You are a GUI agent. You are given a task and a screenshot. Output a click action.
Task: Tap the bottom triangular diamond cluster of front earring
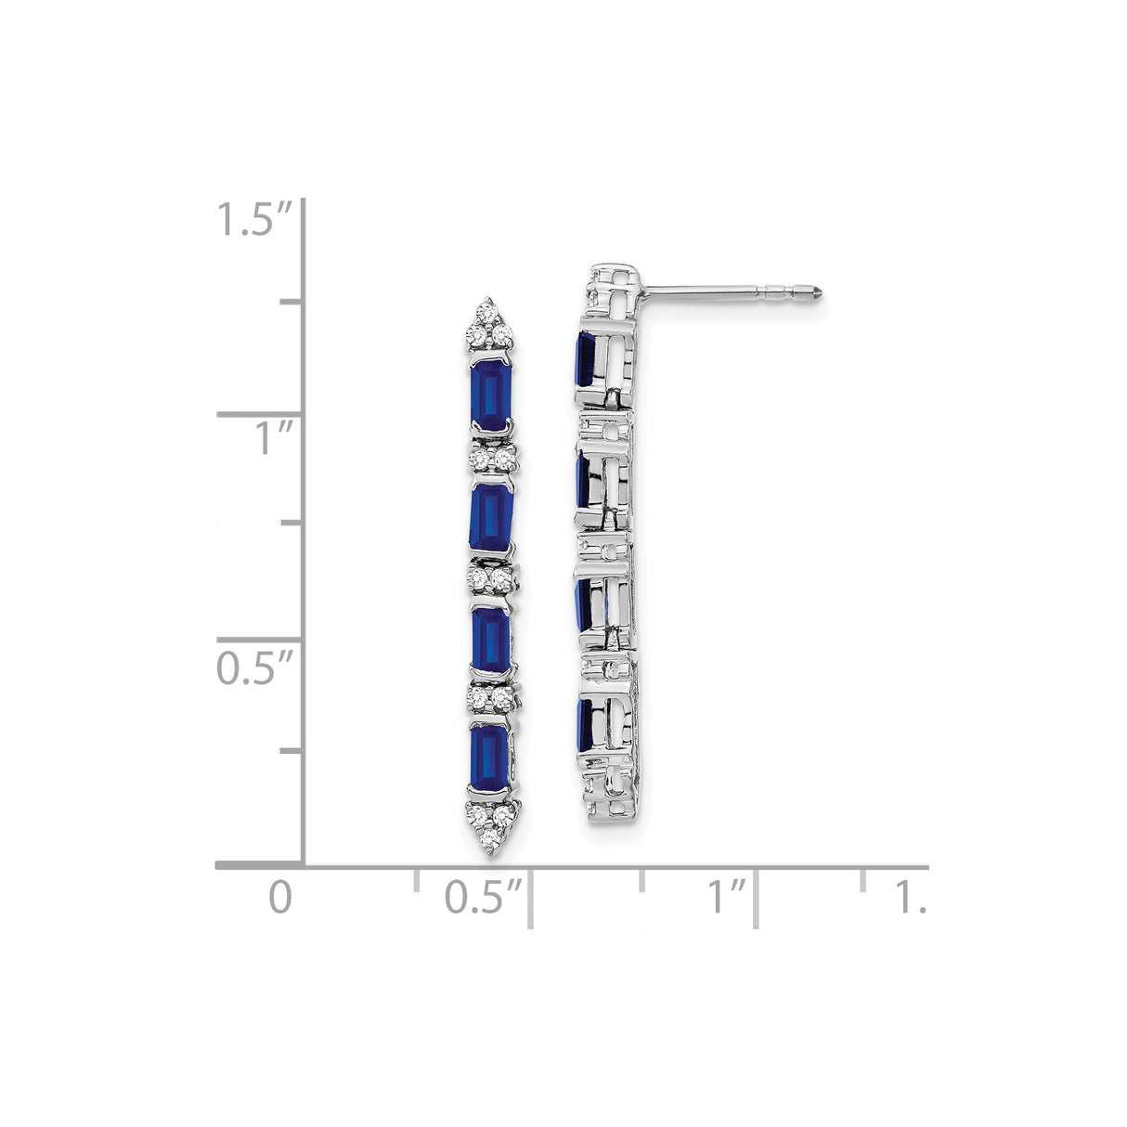tap(489, 819)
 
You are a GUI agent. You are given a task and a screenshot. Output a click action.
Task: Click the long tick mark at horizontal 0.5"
tap(530, 898)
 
